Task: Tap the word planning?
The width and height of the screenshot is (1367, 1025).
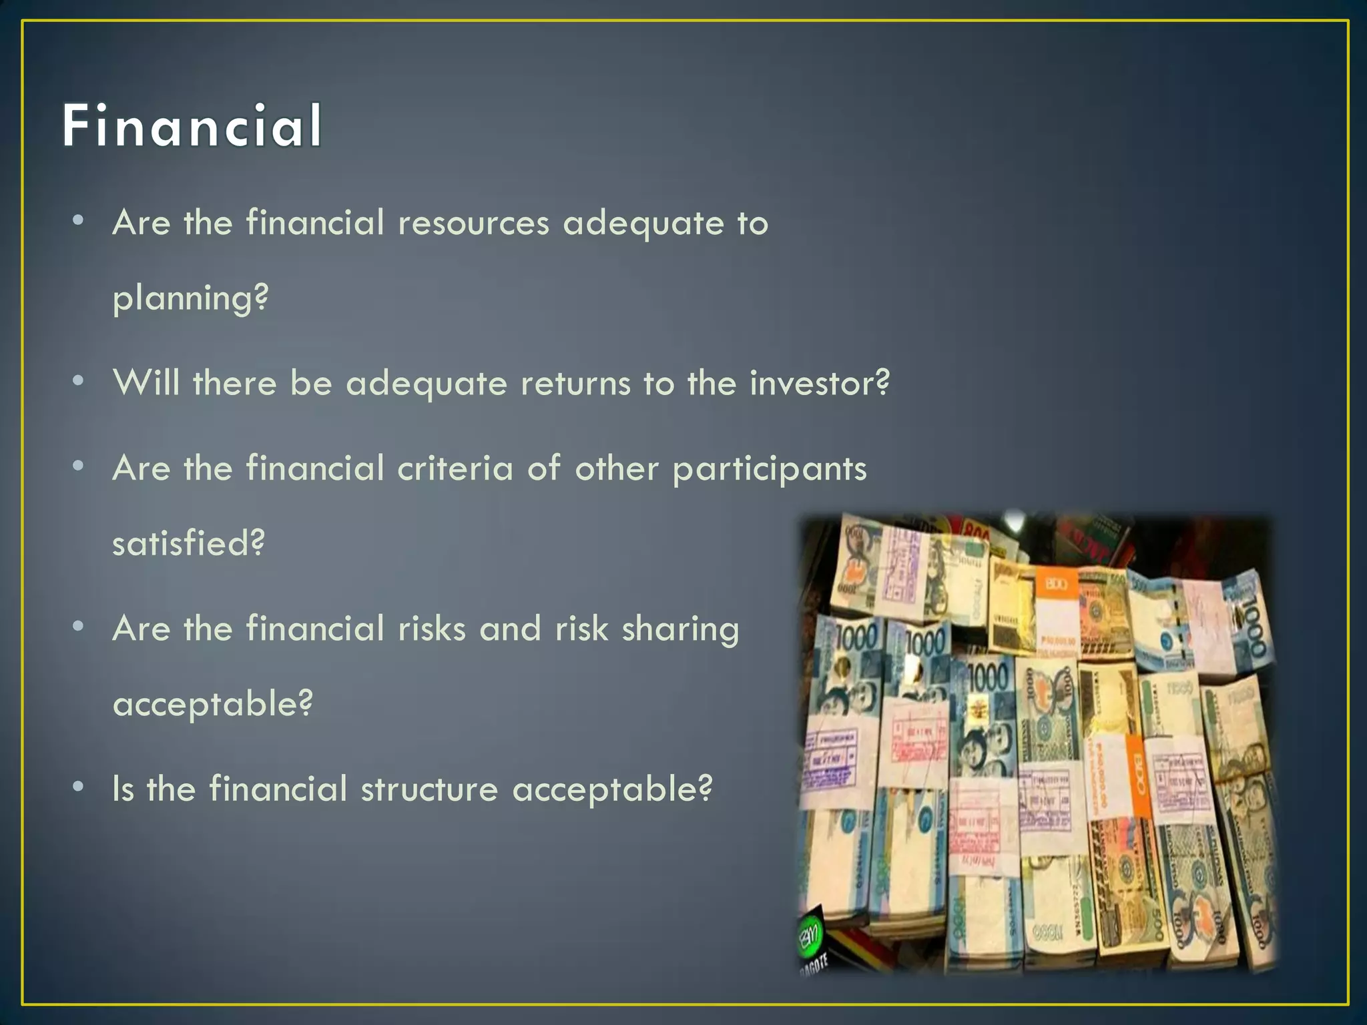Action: (x=190, y=298)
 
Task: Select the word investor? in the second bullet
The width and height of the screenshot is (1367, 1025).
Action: (x=819, y=384)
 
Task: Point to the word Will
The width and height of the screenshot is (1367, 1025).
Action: (x=147, y=384)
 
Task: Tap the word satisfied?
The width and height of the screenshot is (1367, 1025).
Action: (x=188, y=543)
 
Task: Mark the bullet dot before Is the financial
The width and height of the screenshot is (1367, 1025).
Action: (x=79, y=787)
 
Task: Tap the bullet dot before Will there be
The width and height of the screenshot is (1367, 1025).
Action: (x=79, y=381)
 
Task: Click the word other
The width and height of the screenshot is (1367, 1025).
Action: (x=617, y=468)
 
